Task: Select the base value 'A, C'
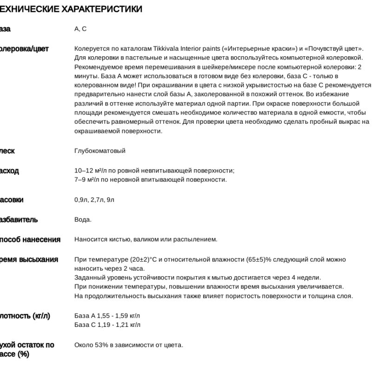[x=80, y=29]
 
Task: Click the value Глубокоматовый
[x=100, y=151]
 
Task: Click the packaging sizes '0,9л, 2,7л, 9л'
[x=94, y=200]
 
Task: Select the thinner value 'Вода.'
[x=83, y=219]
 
